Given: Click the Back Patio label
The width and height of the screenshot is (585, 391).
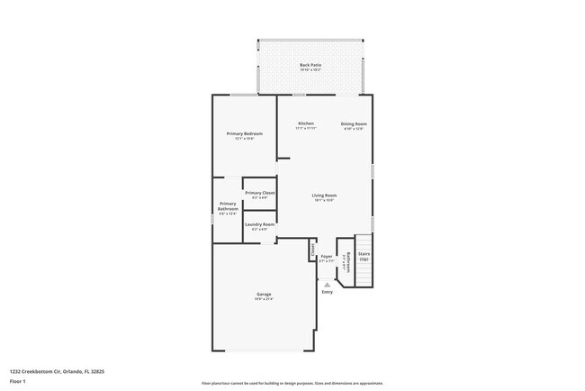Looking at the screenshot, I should tap(310, 65).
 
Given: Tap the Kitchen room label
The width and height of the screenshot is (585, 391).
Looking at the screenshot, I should tap(306, 123).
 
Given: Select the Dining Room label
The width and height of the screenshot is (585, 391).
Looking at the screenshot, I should tap(354, 123).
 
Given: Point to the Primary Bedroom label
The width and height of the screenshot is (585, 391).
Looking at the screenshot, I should tap(244, 133).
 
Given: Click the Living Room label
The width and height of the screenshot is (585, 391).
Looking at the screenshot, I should tap(324, 195).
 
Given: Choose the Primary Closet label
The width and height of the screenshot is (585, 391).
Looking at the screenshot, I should tap(259, 193).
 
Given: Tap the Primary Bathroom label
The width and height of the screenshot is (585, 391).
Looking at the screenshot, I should tap(228, 206).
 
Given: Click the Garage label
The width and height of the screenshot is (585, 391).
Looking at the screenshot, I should tap(264, 294).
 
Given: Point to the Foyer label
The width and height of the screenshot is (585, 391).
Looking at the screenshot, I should tap(327, 257).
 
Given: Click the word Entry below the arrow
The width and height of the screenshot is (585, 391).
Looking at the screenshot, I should tap(327, 291).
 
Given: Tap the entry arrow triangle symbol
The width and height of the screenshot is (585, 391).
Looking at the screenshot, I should tap(327, 284).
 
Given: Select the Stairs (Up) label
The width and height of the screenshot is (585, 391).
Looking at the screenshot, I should tap(364, 256).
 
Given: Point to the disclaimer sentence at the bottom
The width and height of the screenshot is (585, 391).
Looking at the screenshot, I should tap(292, 383).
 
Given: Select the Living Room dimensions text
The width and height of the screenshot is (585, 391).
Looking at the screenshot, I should tap(324, 200).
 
